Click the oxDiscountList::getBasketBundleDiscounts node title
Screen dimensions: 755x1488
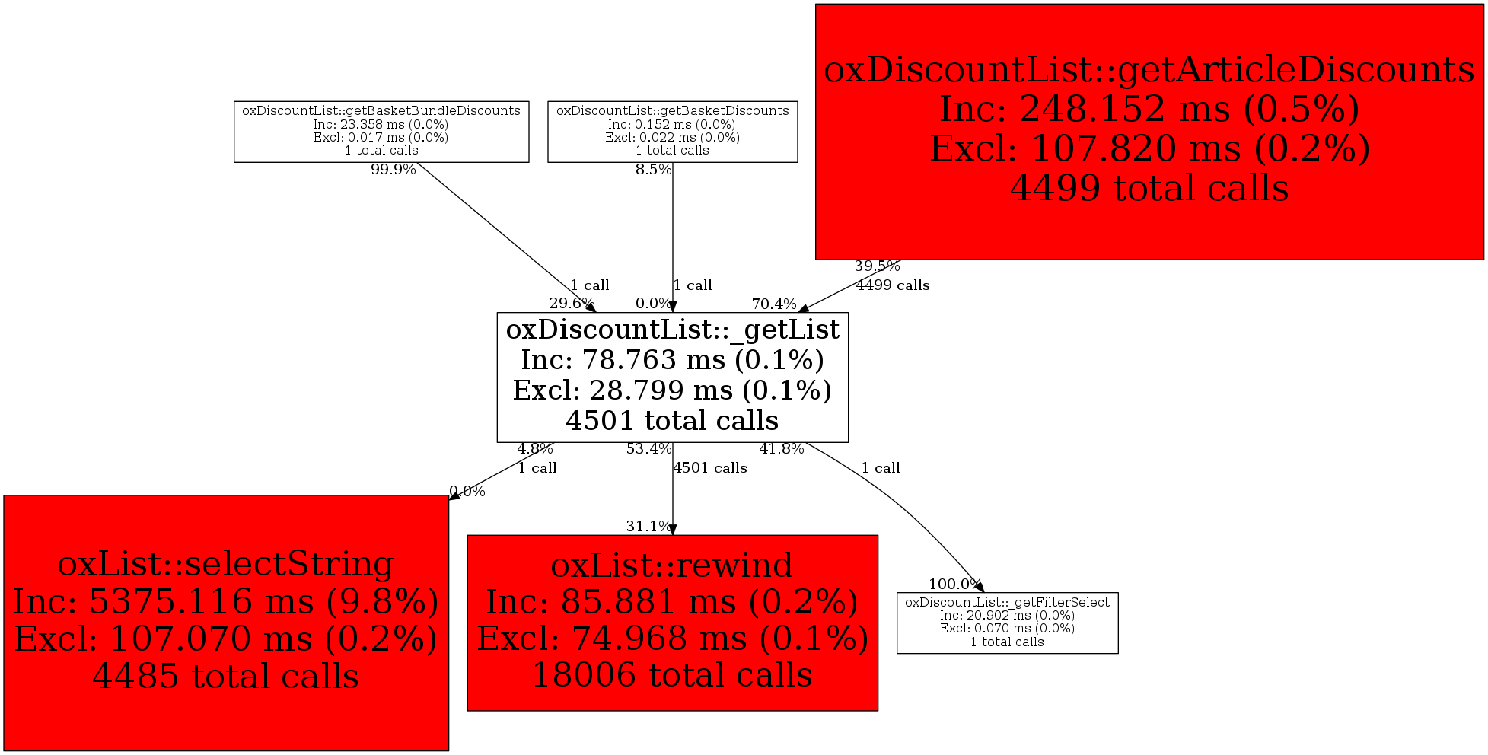coord(381,111)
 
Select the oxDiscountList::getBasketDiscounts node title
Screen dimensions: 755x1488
coord(673,111)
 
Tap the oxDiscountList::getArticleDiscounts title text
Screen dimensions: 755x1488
coord(1149,70)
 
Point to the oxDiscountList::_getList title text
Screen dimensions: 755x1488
coord(673,330)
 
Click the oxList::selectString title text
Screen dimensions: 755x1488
coord(226,564)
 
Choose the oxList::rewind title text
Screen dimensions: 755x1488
coord(672,565)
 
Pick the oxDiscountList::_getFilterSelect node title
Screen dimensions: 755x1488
coord(1007,602)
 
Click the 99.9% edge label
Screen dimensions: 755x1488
coord(394,170)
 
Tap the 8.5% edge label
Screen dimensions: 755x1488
coord(654,170)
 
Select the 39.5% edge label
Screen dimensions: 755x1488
coord(877,266)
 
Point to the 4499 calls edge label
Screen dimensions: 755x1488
coord(893,285)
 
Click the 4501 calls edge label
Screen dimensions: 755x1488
coord(710,468)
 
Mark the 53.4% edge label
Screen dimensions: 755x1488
coord(648,449)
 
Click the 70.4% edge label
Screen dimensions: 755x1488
coord(774,304)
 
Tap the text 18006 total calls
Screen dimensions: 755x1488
coord(672,675)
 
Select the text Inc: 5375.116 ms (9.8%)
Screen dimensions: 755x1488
coord(226,602)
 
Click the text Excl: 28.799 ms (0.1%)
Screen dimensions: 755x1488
coord(673,390)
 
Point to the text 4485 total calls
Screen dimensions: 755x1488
coord(226,677)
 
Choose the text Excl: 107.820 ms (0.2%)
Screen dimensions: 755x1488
coord(1149,148)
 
